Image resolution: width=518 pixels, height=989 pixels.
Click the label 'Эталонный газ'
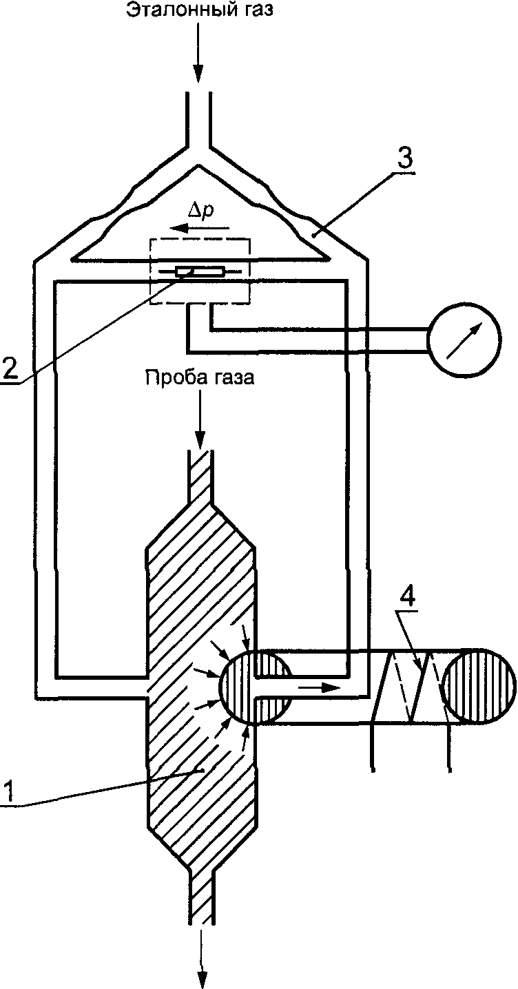tap(198, 12)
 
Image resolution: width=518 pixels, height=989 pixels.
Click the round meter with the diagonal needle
tap(463, 340)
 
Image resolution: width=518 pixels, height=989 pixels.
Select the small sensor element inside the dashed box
tap(199, 271)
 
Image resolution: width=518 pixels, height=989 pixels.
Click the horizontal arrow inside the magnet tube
tap(319, 687)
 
